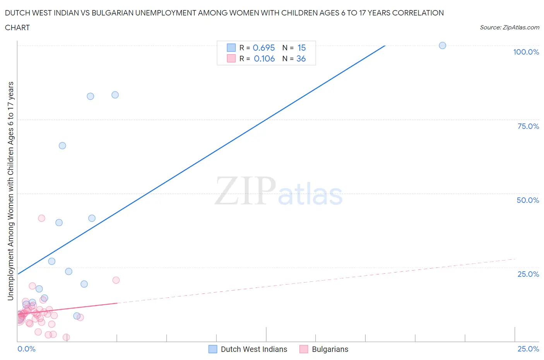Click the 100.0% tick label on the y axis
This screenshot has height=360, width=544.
pos(526,52)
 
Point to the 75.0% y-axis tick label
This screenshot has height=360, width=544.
pos(528,126)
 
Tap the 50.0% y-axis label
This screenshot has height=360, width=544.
pos(528,200)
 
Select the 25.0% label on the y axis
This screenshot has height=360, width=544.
pos(528,274)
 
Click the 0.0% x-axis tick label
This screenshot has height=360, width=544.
pos(26,349)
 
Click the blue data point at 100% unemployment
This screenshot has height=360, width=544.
pos(442,45)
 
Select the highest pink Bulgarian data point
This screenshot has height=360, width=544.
pos(41,218)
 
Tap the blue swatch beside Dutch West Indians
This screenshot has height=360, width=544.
pos(213,349)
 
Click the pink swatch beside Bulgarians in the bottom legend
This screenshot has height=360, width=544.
pos(304,349)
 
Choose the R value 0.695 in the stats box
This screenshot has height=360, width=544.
pos(263,48)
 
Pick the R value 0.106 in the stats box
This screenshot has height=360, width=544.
pos(264,58)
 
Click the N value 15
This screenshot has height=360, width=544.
pos(301,48)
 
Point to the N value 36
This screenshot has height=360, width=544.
pos(301,58)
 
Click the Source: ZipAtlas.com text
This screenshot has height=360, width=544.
pos(509,27)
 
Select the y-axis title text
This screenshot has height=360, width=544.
pos(11,191)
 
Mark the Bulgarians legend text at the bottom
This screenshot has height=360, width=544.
pos(330,349)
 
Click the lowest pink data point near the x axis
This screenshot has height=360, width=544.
pos(66,337)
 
